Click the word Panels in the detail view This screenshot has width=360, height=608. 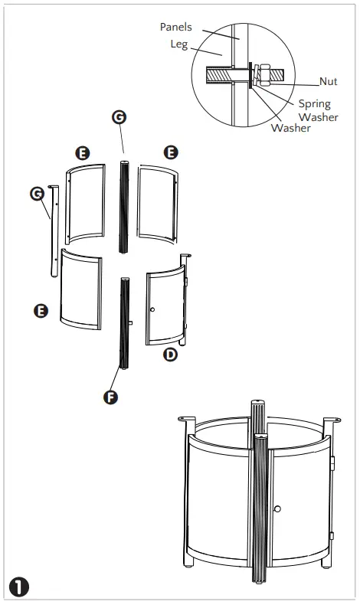pyautogui.click(x=176, y=27)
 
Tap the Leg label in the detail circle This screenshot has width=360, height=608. pyautogui.click(x=178, y=44)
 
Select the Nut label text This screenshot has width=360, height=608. pyautogui.click(x=329, y=81)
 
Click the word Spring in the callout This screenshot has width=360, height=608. pyautogui.click(x=314, y=103)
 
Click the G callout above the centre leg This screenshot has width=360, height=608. pyautogui.click(x=119, y=116)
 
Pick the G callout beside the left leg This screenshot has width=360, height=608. pyautogui.click(x=37, y=194)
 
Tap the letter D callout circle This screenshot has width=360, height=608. pyautogui.click(x=171, y=354)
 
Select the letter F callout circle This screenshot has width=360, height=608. pyautogui.click(x=111, y=397)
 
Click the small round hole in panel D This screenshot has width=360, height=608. pyautogui.click(x=152, y=309)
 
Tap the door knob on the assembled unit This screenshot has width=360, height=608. pyautogui.click(x=277, y=508)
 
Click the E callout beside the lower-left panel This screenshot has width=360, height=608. pyautogui.click(x=42, y=310)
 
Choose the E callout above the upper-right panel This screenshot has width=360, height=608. pyautogui.click(x=170, y=151)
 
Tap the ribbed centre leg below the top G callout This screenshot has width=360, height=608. pyautogui.click(x=122, y=207)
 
